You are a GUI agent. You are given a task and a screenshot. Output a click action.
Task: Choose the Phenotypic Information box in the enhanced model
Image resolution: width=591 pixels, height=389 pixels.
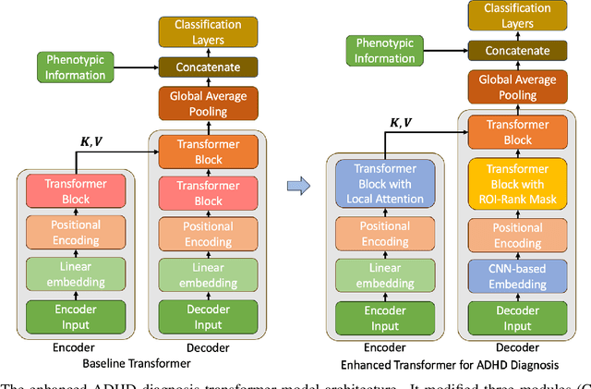386,51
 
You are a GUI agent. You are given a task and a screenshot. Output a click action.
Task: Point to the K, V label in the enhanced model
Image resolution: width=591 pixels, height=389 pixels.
400,123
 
